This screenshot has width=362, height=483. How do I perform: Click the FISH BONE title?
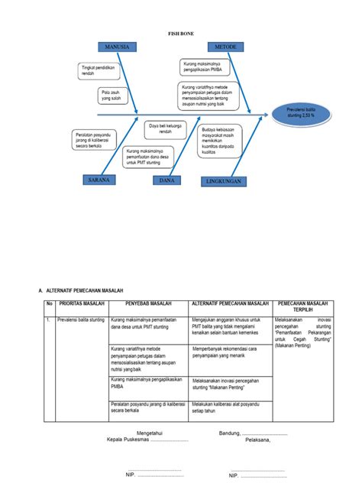180,34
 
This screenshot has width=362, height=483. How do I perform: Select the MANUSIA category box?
113,47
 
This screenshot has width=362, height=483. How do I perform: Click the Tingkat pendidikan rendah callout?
97,71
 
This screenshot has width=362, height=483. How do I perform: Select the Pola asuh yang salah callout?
112,96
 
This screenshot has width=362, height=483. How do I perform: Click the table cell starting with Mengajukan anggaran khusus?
231,326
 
